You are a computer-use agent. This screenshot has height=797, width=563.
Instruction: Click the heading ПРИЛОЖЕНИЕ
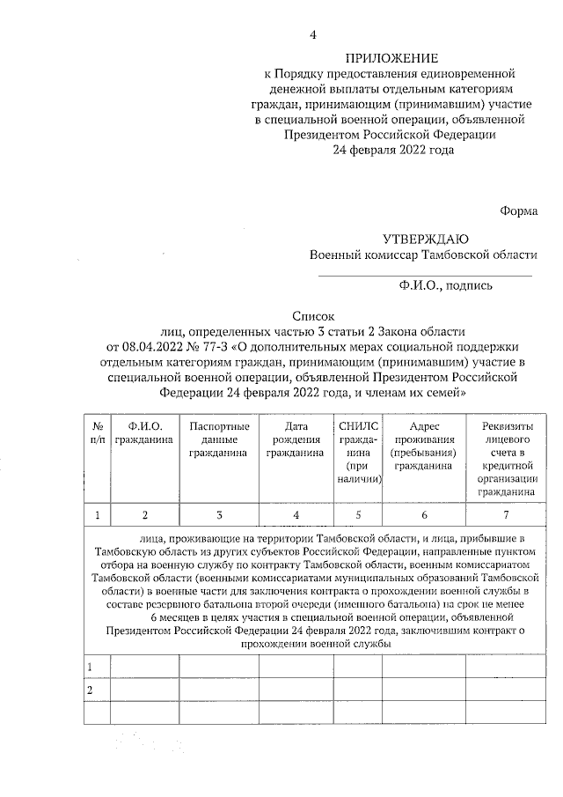(389, 57)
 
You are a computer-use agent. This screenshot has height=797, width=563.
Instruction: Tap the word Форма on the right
(518, 210)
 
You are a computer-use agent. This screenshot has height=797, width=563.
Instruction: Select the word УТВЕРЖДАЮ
(425, 239)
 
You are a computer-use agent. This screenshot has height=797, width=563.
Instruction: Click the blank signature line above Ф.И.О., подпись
(425, 276)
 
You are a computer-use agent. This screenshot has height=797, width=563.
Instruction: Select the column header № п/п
(98, 432)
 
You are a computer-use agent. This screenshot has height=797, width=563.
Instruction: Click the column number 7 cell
(507, 514)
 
